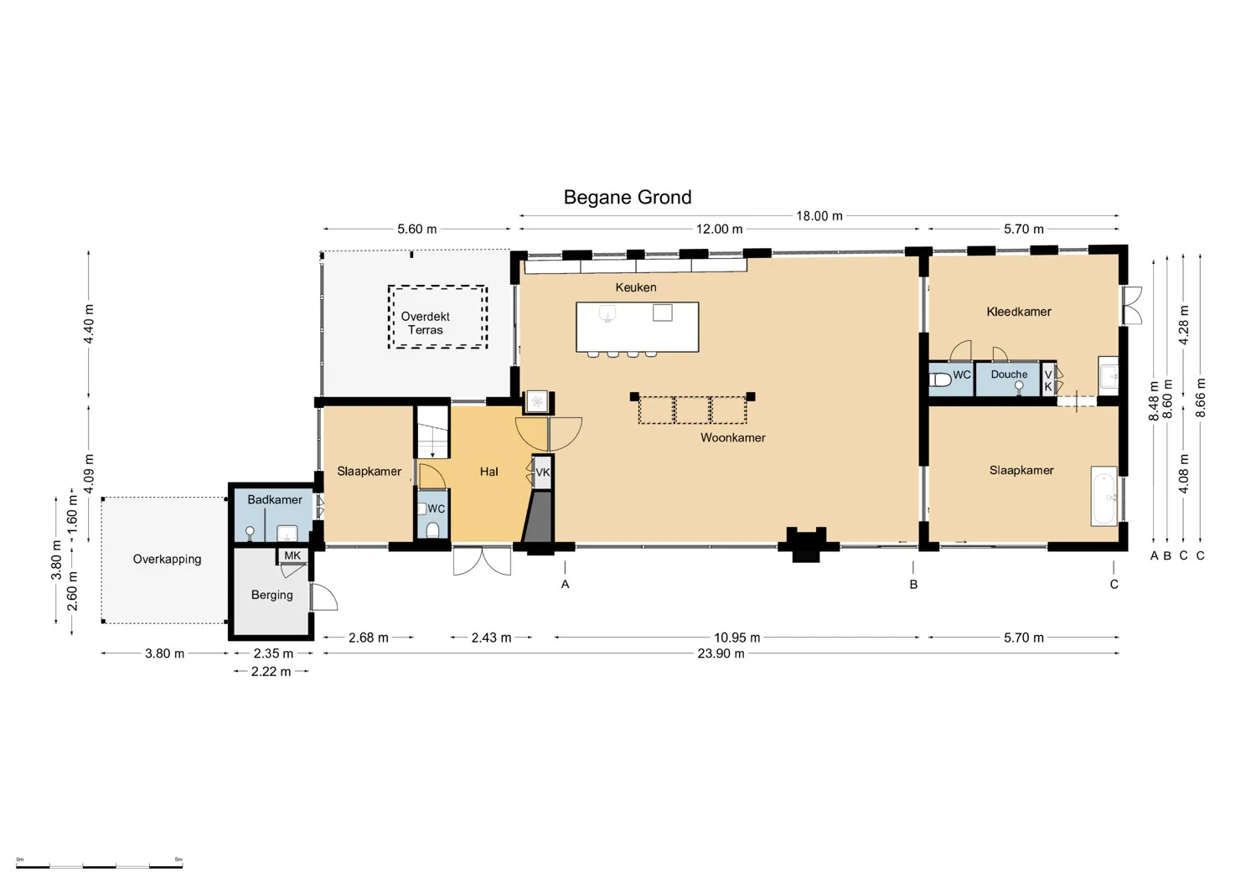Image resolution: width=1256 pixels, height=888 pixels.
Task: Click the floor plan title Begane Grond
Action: (x=628, y=198)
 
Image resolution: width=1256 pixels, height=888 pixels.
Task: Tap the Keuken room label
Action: (x=636, y=287)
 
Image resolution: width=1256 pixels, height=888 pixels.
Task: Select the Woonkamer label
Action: (x=733, y=438)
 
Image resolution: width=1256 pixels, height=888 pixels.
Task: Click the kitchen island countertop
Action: (x=638, y=327)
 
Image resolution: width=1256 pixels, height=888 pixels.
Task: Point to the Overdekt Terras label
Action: (x=425, y=323)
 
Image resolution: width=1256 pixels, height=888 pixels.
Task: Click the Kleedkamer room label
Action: (x=1019, y=312)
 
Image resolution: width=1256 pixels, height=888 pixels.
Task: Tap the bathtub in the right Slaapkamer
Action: (x=1104, y=496)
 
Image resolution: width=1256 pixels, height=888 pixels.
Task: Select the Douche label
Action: (x=1009, y=374)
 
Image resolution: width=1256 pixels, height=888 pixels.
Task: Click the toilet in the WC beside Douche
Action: (x=940, y=380)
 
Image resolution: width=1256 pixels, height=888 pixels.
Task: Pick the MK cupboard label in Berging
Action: (x=292, y=555)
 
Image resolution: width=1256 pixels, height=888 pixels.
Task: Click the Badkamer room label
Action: (x=275, y=499)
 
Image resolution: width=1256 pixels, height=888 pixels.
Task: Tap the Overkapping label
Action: (x=167, y=560)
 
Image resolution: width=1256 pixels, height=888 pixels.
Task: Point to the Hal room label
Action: (x=489, y=472)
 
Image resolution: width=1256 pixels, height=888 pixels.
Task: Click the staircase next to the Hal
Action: (x=432, y=431)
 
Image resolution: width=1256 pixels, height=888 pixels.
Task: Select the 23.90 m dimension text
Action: (x=721, y=653)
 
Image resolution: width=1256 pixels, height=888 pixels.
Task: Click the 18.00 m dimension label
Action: (x=819, y=216)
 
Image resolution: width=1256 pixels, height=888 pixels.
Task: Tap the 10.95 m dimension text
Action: (x=737, y=638)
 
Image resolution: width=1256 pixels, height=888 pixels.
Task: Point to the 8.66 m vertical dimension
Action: (x=1201, y=397)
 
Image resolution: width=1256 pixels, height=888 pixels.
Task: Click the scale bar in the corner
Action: (x=99, y=866)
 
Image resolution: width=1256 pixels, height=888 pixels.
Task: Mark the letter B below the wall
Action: (x=913, y=585)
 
